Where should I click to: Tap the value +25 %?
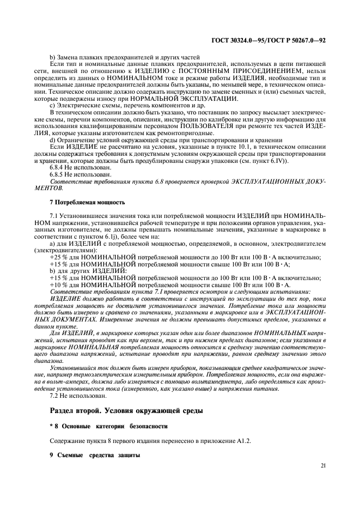tap(59, 257)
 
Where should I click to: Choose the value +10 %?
tap(59, 285)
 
